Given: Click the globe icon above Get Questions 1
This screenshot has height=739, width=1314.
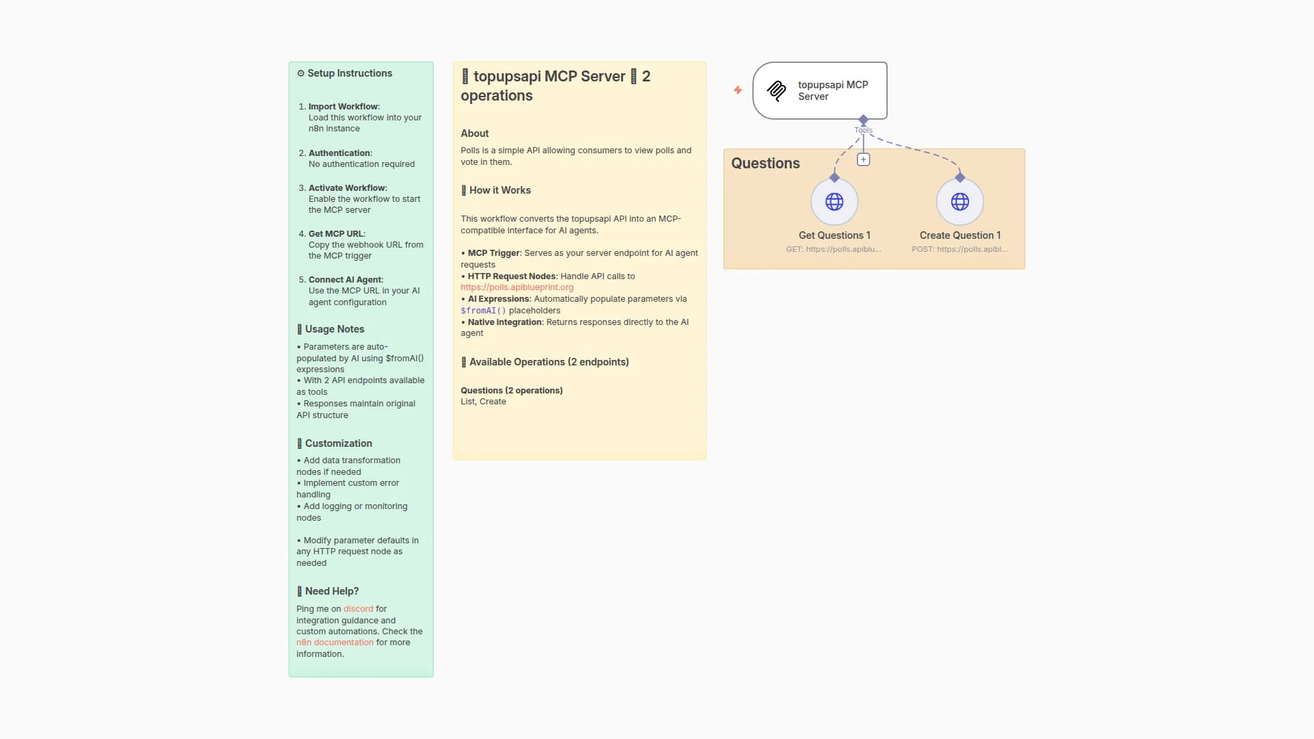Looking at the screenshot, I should pyautogui.click(x=834, y=202).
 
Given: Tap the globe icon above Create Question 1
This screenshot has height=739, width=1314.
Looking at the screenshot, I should pyautogui.click(x=959, y=202).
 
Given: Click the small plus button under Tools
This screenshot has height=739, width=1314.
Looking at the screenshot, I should pyautogui.click(x=863, y=159).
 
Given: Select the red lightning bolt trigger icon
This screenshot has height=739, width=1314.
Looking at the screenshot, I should pyautogui.click(x=738, y=90).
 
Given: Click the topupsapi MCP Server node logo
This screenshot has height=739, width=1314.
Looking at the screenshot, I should pyautogui.click(x=777, y=91).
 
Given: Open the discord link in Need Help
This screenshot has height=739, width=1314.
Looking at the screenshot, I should pyautogui.click(x=358, y=609).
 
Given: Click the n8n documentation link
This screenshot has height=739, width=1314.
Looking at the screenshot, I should pyautogui.click(x=335, y=643).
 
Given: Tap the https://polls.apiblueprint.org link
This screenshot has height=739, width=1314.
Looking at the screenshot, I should pyautogui.click(x=517, y=287).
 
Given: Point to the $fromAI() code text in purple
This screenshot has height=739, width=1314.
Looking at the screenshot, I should pyautogui.click(x=483, y=311).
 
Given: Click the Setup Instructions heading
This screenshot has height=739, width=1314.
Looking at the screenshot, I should pyautogui.click(x=349, y=73).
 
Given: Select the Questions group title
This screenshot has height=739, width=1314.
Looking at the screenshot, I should pyautogui.click(x=765, y=164).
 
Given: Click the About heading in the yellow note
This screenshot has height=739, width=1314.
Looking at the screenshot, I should pyautogui.click(x=474, y=133).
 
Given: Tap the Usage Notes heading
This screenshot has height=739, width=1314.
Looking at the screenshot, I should pyautogui.click(x=334, y=329).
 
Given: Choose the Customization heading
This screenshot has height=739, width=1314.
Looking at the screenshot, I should pyautogui.click(x=338, y=443).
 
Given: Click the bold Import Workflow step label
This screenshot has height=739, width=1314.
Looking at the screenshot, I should pyautogui.click(x=343, y=107).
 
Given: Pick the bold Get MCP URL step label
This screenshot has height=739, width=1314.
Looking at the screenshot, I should pyautogui.click(x=336, y=234).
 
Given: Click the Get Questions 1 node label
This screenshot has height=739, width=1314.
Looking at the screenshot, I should pyautogui.click(x=834, y=235).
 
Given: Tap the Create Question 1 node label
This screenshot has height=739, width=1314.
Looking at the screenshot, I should pyautogui.click(x=959, y=235).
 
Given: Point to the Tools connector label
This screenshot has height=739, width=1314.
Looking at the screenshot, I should pyautogui.click(x=863, y=130).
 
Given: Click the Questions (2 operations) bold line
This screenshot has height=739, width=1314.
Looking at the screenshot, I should pyautogui.click(x=511, y=391).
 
